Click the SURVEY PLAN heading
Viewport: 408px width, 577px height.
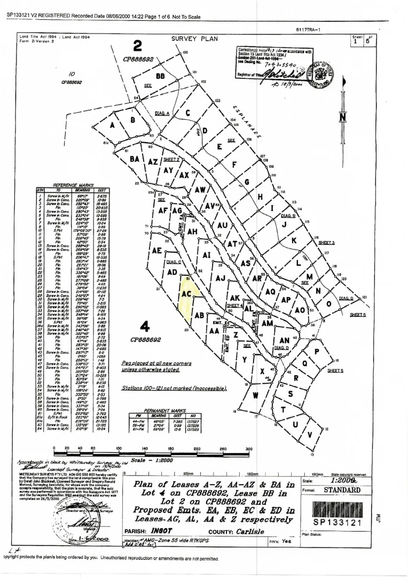[192, 39]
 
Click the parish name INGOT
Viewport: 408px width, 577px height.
[161, 532]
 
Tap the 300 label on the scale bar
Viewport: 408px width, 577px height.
[248, 448]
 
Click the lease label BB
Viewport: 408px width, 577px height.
[160, 76]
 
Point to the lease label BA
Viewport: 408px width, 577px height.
[135, 159]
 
